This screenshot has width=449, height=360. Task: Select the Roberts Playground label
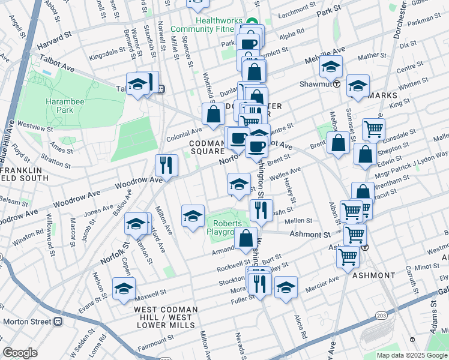pyautogui.click(x=224, y=227)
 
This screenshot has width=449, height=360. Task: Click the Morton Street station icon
pyautogui.click(x=58, y=321)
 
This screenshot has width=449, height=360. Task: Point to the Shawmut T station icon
pyautogui.click(x=337, y=84)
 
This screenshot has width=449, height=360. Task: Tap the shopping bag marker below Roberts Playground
pyautogui.click(x=246, y=238)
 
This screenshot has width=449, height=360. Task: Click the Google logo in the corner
pyautogui.click(x=20, y=352)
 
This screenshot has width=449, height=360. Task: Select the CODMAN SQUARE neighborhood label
pyautogui.click(x=207, y=148)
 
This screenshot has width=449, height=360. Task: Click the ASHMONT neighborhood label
pyautogui.click(x=374, y=275)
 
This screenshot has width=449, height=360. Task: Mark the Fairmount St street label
pyautogui.click(x=154, y=341)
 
